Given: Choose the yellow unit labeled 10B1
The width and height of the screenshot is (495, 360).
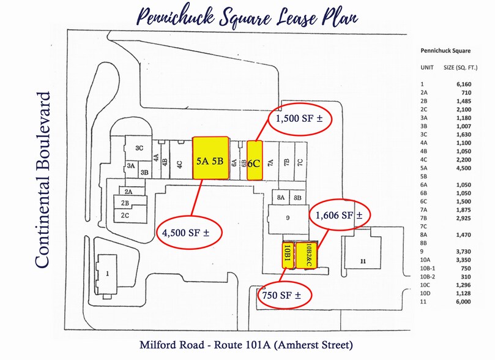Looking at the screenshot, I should click(286, 253).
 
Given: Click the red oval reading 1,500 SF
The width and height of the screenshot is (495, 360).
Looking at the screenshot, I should click(300, 119).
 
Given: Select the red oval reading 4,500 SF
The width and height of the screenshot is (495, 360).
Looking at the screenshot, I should click(191, 232).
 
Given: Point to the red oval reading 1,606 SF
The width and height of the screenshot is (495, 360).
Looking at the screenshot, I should click(339, 215).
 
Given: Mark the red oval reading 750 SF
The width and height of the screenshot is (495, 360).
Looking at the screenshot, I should click(283, 295).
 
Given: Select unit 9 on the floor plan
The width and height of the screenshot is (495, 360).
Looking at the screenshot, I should click(286, 217).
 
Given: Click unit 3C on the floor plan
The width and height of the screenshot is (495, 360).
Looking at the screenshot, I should click(139, 148).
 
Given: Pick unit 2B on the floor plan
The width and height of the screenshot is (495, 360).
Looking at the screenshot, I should click(125, 203).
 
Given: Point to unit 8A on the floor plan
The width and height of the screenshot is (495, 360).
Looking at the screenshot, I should click(281, 197).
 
